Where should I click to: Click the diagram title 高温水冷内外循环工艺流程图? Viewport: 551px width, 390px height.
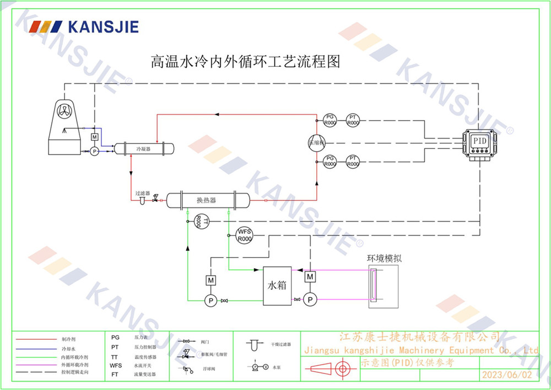pyautogui.click(x=246, y=61)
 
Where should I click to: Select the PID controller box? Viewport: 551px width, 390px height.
pyautogui.click(x=479, y=141)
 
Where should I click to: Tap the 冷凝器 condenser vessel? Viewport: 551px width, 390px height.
pyautogui.click(x=143, y=148)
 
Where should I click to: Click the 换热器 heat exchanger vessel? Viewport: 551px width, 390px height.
pyautogui.click(x=207, y=200)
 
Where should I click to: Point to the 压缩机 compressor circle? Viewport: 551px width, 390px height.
pyautogui.click(x=317, y=142)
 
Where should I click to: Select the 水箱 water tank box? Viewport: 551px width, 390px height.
pyautogui.click(x=277, y=286)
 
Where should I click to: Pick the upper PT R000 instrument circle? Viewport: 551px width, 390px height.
pyautogui.click(x=353, y=120)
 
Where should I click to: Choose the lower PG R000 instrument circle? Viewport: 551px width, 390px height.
pyautogui.click(x=329, y=162)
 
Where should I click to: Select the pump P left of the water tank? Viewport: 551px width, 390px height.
pyautogui.click(x=210, y=300)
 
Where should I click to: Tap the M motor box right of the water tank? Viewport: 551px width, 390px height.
pyautogui.click(x=310, y=276)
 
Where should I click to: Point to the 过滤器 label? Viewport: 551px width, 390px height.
pyautogui.click(x=143, y=194)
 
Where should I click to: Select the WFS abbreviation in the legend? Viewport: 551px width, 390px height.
pyautogui.click(x=116, y=365)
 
